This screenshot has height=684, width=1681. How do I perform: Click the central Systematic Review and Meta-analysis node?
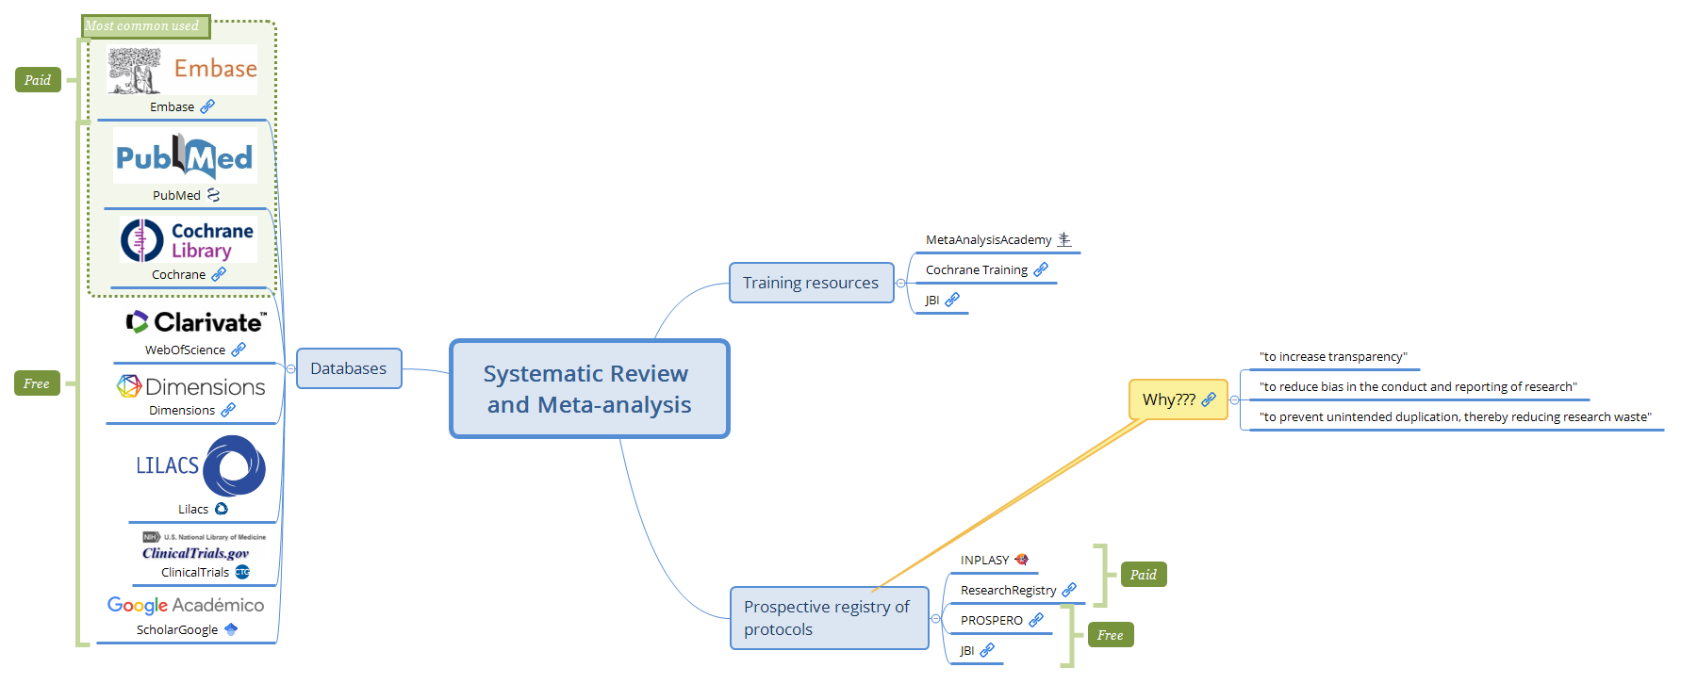(x=589, y=389)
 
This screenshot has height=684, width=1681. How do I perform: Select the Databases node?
(x=349, y=368)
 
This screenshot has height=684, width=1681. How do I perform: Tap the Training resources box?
(x=811, y=283)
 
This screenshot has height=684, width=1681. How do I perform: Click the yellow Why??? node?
(x=1169, y=399)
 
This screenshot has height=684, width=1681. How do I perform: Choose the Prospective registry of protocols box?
(x=828, y=618)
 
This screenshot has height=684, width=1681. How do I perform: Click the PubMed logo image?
(x=185, y=157)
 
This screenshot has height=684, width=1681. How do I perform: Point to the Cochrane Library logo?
(x=188, y=240)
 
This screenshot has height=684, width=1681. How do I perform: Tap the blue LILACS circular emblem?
(x=234, y=465)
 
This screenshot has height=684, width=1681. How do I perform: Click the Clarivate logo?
(x=196, y=322)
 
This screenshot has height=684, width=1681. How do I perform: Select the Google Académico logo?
(x=186, y=605)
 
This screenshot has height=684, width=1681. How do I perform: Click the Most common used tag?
(x=143, y=26)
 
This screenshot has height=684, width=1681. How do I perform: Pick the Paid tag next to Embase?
(x=38, y=80)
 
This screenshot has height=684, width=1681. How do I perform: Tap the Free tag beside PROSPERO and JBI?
(x=1110, y=635)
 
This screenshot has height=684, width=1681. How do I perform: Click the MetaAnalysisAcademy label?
(x=988, y=240)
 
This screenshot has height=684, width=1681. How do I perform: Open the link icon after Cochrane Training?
(x=1041, y=269)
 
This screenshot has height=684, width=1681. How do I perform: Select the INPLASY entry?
(x=984, y=560)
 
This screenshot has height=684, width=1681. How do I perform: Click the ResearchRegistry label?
(x=1008, y=591)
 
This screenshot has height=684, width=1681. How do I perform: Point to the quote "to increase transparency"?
(x=1332, y=357)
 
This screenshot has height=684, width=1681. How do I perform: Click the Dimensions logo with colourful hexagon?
(x=191, y=386)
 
